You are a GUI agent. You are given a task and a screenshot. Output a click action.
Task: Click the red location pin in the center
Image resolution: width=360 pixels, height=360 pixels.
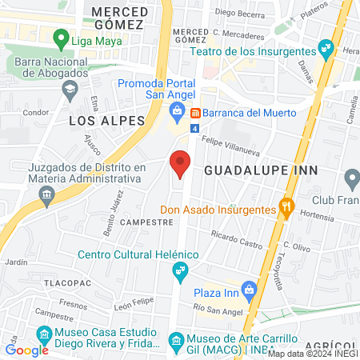(181, 164)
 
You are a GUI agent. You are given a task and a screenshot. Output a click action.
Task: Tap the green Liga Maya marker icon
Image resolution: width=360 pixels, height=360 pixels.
(59, 38)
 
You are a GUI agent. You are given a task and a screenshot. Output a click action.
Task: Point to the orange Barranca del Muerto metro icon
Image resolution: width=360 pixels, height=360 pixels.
(194, 111)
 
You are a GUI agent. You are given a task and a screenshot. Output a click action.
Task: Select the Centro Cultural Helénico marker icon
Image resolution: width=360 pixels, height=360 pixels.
(181, 271)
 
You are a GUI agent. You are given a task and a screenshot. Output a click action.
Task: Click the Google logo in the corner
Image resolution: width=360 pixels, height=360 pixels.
(26, 350)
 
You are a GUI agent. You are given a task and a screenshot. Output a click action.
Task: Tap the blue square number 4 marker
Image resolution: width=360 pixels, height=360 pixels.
(194, 128)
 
